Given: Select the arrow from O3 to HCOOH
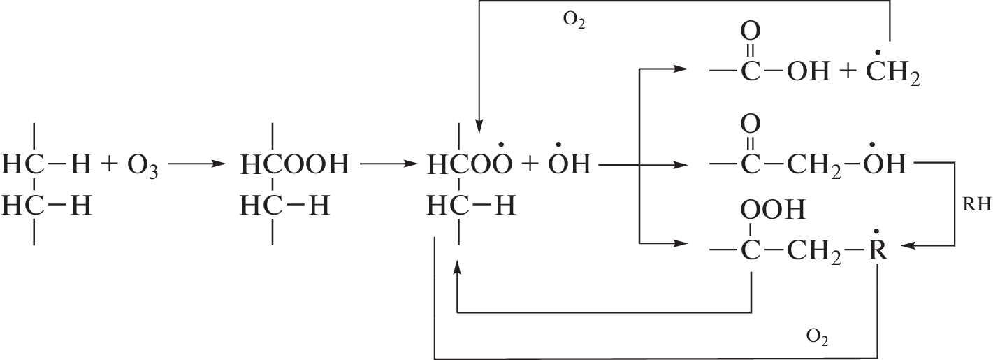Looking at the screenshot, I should (198, 166).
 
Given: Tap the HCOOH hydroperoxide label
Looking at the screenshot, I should (294, 166).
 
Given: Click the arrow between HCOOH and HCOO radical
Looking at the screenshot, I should (388, 166).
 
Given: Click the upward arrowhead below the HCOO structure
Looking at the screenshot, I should (457, 270).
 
